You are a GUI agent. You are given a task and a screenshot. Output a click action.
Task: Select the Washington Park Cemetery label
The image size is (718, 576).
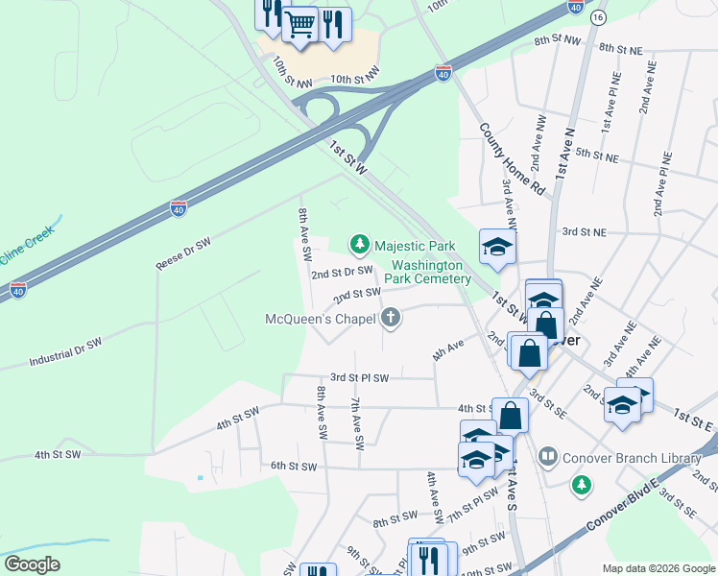432,272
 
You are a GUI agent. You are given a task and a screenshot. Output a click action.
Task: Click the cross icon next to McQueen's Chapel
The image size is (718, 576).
391,317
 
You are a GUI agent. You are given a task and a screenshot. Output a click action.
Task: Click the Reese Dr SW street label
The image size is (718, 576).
182,254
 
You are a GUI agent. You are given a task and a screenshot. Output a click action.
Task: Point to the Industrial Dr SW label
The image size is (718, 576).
64,351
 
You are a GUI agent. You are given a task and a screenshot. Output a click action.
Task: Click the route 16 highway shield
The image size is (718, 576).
598,18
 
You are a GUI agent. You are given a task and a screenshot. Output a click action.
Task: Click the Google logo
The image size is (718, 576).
32,564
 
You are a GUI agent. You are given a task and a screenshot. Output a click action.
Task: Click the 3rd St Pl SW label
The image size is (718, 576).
359,378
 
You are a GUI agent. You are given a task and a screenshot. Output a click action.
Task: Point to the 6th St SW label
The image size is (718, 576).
293,466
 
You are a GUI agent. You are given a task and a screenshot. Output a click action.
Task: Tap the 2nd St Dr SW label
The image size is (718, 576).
341,272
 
